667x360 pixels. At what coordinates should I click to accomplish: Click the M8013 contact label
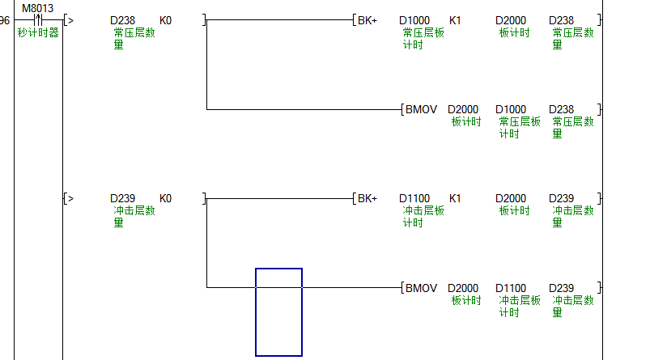[37, 8]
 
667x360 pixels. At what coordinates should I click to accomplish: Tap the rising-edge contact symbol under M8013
[37, 20]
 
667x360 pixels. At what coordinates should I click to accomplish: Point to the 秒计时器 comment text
[38, 33]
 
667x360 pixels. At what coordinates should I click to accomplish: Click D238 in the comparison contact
[123, 20]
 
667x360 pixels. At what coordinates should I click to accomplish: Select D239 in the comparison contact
[123, 198]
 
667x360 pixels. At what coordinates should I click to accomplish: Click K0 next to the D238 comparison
[165, 20]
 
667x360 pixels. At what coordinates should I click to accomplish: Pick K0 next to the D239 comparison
[165, 198]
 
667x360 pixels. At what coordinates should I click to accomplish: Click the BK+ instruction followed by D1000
[367, 20]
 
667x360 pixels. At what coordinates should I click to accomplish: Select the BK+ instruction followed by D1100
[367, 198]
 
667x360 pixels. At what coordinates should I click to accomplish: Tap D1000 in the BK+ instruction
[414, 20]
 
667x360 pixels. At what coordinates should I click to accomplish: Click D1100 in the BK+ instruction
[414, 198]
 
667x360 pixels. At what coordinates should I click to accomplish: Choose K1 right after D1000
[455, 20]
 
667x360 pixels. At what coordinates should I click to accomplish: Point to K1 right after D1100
[455, 198]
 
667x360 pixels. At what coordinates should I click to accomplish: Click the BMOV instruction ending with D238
[421, 109]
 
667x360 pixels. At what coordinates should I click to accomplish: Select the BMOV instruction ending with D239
[421, 288]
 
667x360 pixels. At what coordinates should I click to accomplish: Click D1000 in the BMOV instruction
[511, 109]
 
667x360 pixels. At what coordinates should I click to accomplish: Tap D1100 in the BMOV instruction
[511, 288]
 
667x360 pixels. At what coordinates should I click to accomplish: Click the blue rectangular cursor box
[278, 311]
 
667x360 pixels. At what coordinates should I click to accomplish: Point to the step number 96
[5, 20]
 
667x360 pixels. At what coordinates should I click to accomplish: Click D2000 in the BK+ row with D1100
[511, 198]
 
